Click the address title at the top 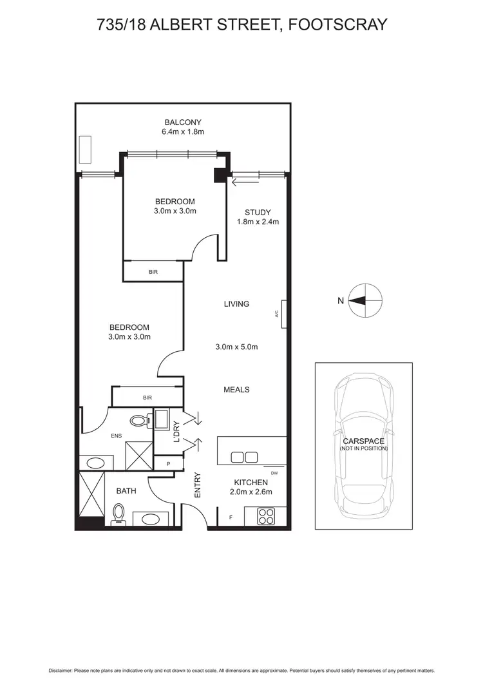pos(241,24)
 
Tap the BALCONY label pos(183,122)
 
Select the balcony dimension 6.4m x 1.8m pos(183,132)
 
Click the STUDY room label pos(257,212)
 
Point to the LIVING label pos(236,303)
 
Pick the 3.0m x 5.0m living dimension pos(236,347)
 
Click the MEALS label pos(236,389)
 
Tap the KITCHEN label pos(251,482)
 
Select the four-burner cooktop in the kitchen pos(266,516)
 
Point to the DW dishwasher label pos(274,473)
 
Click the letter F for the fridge pos(231,517)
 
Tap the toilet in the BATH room pos(118,514)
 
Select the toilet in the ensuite pos(138,421)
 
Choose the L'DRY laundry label pos(175,431)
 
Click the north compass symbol pos(365,300)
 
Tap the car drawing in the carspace pos(364,445)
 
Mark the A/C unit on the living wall pos(283,314)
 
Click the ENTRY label pos(198,485)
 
